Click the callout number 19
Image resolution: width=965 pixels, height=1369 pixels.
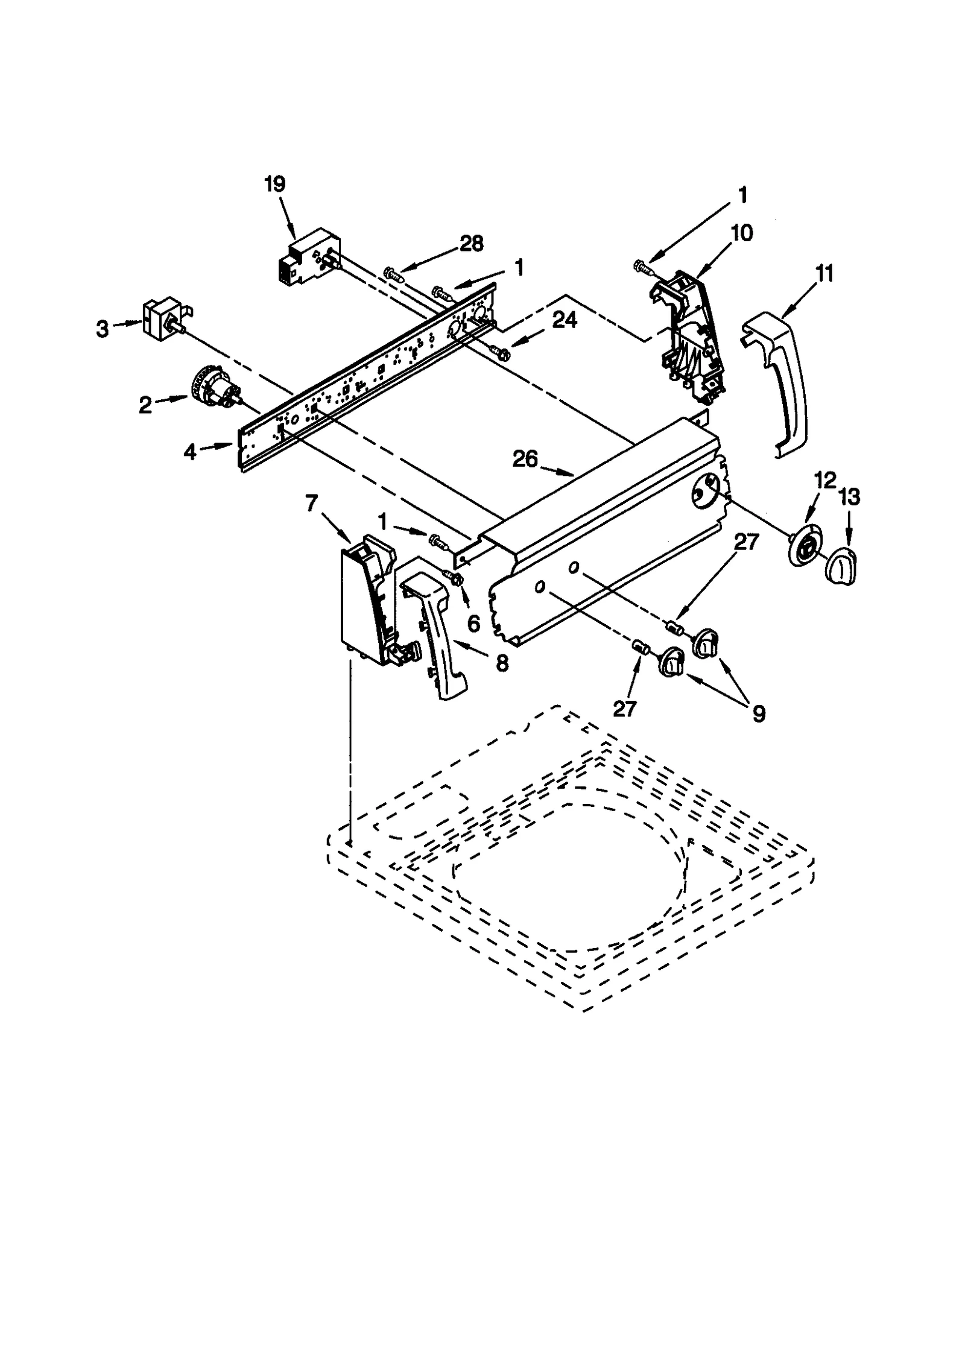click(x=274, y=184)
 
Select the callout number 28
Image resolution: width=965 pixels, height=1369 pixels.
click(x=471, y=244)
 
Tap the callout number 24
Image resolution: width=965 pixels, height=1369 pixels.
click(x=565, y=321)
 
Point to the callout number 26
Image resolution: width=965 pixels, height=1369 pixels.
click(x=525, y=460)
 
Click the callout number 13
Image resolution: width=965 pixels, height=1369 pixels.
click(x=849, y=498)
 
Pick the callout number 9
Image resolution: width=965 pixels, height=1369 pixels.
click(x=758, y=714)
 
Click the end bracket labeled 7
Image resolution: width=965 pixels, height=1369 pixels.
click(x=365, y=597)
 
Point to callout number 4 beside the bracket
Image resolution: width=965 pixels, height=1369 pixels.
click(x=190, y=452)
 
